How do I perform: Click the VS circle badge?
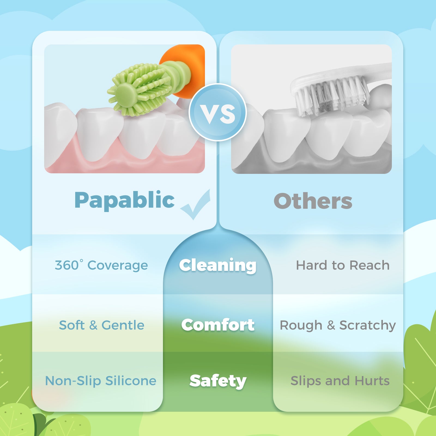tap(218, 112)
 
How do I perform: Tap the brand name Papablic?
tap(125, 200)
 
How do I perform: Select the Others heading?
tap(313, 201)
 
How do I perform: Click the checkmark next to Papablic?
tap(196, 204)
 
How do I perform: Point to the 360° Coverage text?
tap(101, 265)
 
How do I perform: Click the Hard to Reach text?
tap(343, 265)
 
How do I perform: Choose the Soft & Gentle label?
tap(102, 325)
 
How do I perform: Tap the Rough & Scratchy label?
tap(338, 325)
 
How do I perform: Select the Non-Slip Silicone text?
tap(101, 381)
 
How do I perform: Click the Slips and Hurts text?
tap(340, 381)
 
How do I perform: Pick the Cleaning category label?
tap(218, 265)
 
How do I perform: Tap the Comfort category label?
tap(218, 325)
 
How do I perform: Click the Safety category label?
tap(218, 381)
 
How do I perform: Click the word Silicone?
tap(131, 381)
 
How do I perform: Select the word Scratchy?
tap(368, 325)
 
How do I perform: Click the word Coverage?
tap(118, 266)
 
